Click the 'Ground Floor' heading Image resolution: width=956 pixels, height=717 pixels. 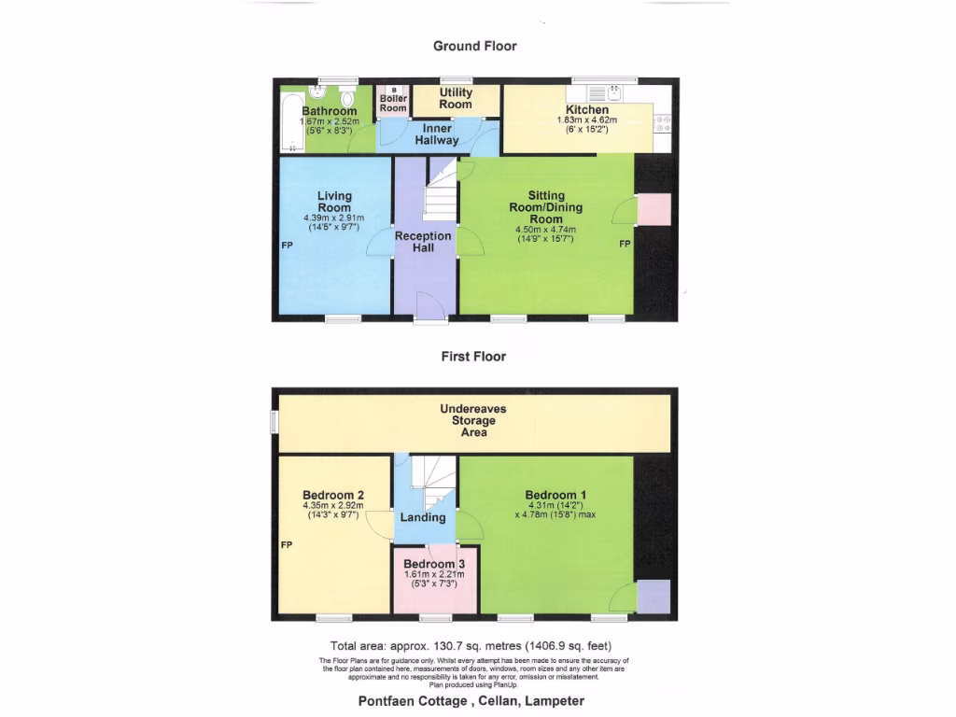pos(474,46)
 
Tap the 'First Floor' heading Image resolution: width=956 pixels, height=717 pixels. pos(474,356)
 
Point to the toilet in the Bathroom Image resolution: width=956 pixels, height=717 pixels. pos(348,99)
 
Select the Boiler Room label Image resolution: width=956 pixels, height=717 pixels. pos(393,103)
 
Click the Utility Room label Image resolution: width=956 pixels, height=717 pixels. pos(457,98)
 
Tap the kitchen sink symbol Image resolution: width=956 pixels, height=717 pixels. pos(614,91)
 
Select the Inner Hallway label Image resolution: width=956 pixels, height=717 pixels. pos(437,134)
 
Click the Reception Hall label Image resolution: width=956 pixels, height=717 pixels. pos(423,242)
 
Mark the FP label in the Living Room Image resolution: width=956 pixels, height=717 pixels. pos(288,246)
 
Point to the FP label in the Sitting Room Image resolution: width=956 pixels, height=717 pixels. pos(623,245)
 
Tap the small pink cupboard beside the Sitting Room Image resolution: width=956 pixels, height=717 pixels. pos(654,210)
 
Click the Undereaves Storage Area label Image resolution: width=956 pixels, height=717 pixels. pos(474,421)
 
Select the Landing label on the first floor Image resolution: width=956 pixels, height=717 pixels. pos(423,517)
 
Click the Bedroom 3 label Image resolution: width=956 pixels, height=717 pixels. pos(434,564)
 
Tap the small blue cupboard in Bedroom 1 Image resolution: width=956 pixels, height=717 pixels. pos(654,596)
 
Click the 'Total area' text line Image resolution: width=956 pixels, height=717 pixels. pos(471,646)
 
